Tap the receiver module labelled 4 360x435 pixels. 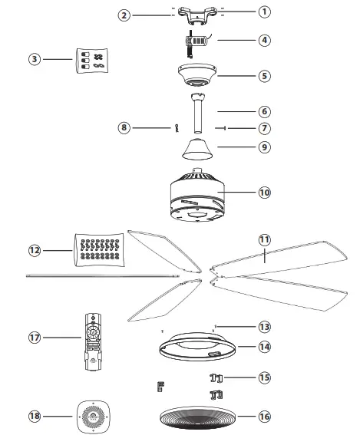[x=194, y=41]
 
